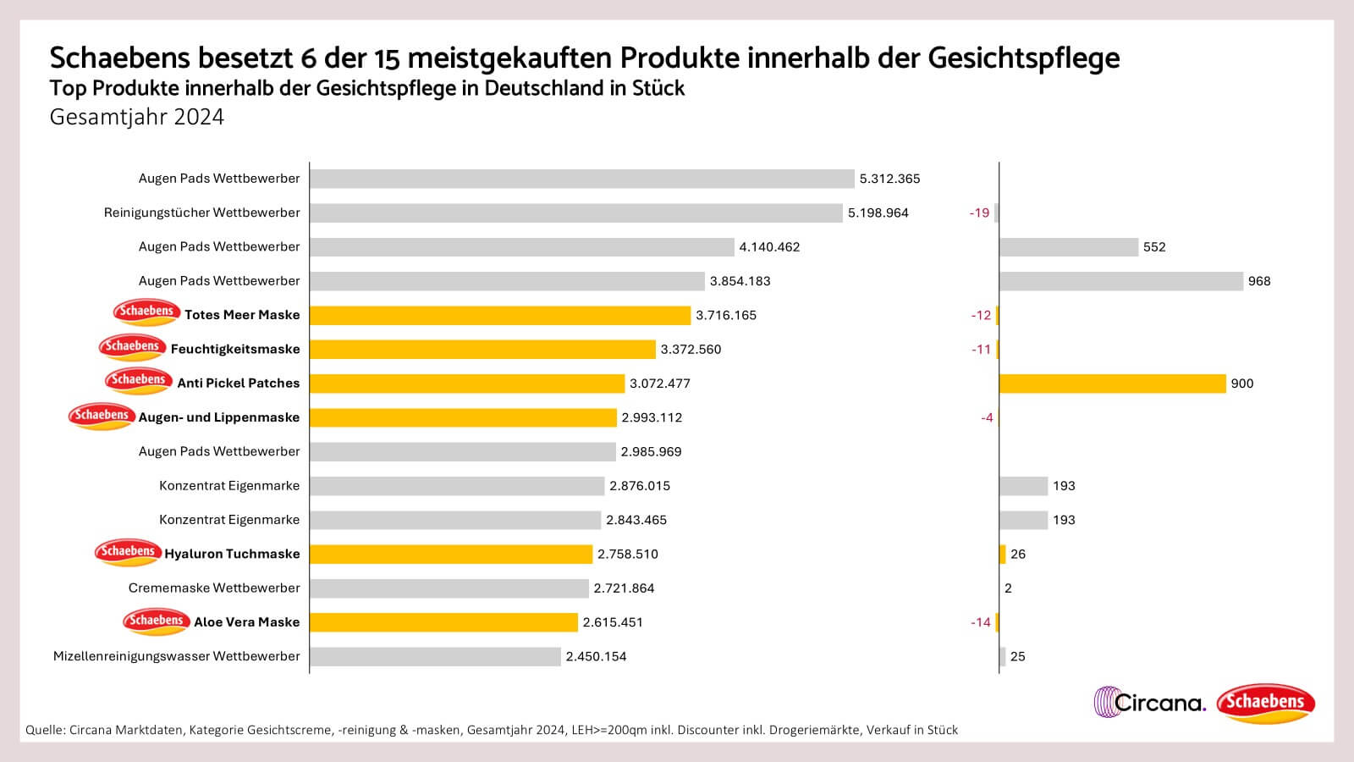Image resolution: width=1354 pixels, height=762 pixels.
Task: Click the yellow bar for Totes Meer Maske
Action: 500,315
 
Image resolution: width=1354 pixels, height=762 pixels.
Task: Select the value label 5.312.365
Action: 889,179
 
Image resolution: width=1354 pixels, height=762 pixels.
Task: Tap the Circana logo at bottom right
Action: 1149,702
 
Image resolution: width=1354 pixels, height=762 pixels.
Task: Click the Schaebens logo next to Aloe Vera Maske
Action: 156,621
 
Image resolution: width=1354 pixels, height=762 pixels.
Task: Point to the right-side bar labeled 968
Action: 1120,281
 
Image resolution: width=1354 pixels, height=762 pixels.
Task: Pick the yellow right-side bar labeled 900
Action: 1112,384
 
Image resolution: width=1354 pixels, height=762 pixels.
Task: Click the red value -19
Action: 979,213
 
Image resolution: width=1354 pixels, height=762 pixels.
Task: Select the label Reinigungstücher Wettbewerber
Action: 201,213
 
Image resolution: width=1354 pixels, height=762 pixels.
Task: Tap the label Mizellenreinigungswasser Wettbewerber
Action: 176,656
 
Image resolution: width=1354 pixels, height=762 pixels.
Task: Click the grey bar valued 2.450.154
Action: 435,656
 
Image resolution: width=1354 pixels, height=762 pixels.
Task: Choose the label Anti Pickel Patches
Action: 238,384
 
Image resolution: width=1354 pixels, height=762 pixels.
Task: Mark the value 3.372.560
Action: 691,350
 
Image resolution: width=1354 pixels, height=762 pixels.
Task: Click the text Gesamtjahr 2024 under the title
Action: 136,117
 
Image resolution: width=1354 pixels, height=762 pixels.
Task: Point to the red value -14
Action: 980,622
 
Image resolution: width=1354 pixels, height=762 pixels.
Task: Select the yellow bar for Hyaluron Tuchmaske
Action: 451,555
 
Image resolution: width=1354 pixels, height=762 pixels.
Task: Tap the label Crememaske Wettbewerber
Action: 214,588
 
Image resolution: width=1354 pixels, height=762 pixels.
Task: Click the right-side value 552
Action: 1153,247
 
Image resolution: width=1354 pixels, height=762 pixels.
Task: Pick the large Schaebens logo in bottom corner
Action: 1265,703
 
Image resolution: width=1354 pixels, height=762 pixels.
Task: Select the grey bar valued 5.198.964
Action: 575,213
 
